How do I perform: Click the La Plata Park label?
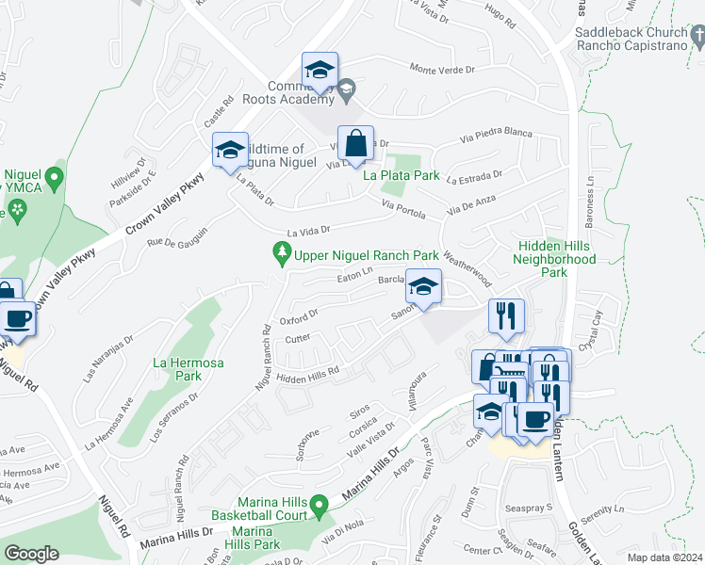[402, 175]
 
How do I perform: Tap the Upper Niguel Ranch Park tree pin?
[280, 253]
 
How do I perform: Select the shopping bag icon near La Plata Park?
[356, 145]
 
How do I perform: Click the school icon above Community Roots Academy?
[320, 72]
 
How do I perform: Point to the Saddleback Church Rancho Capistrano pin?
[697, 38]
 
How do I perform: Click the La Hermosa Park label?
[177, 369]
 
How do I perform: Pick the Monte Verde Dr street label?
[446, 68]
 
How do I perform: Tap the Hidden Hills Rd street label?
[307, 377]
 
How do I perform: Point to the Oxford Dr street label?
[299, 314]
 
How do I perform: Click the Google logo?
[31, 554]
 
